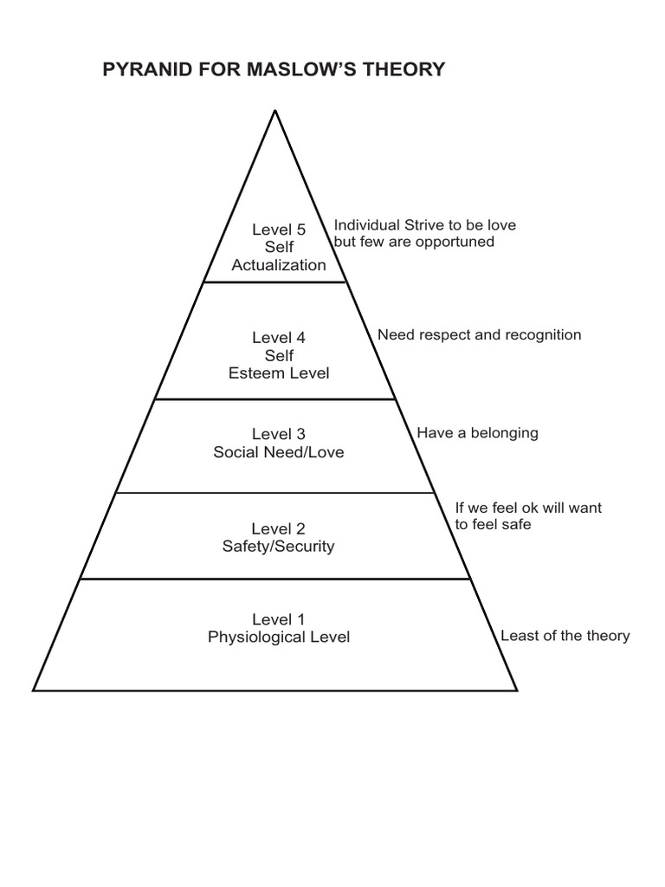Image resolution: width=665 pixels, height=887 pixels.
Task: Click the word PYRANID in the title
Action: tap(144, 70)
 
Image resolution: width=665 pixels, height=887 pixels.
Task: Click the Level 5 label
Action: tap(279, 230)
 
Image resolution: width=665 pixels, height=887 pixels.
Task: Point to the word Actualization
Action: tap(279, 265)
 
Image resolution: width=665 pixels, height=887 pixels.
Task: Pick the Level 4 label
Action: tap(279, 338)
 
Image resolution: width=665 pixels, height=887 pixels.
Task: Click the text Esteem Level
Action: tap(279, 373)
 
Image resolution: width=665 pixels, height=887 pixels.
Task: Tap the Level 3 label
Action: tap(279, 434)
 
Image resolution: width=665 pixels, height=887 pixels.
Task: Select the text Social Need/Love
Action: tap(279, 452)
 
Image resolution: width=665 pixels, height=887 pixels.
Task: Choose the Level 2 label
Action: tap(279, 528)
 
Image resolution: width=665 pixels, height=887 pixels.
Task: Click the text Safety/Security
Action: tap(279, 547)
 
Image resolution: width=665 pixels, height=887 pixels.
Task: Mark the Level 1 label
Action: tap(279, 619)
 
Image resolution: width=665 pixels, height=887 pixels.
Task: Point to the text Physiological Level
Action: tap(279, 638)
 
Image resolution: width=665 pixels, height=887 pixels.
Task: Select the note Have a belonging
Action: tap(477, 432)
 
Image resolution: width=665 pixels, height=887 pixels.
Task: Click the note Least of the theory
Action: tap(565, 636)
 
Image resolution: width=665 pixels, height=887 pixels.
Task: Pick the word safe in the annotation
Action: tap(515, 524)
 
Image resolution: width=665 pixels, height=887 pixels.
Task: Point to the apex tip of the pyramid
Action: tap(275, 111)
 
